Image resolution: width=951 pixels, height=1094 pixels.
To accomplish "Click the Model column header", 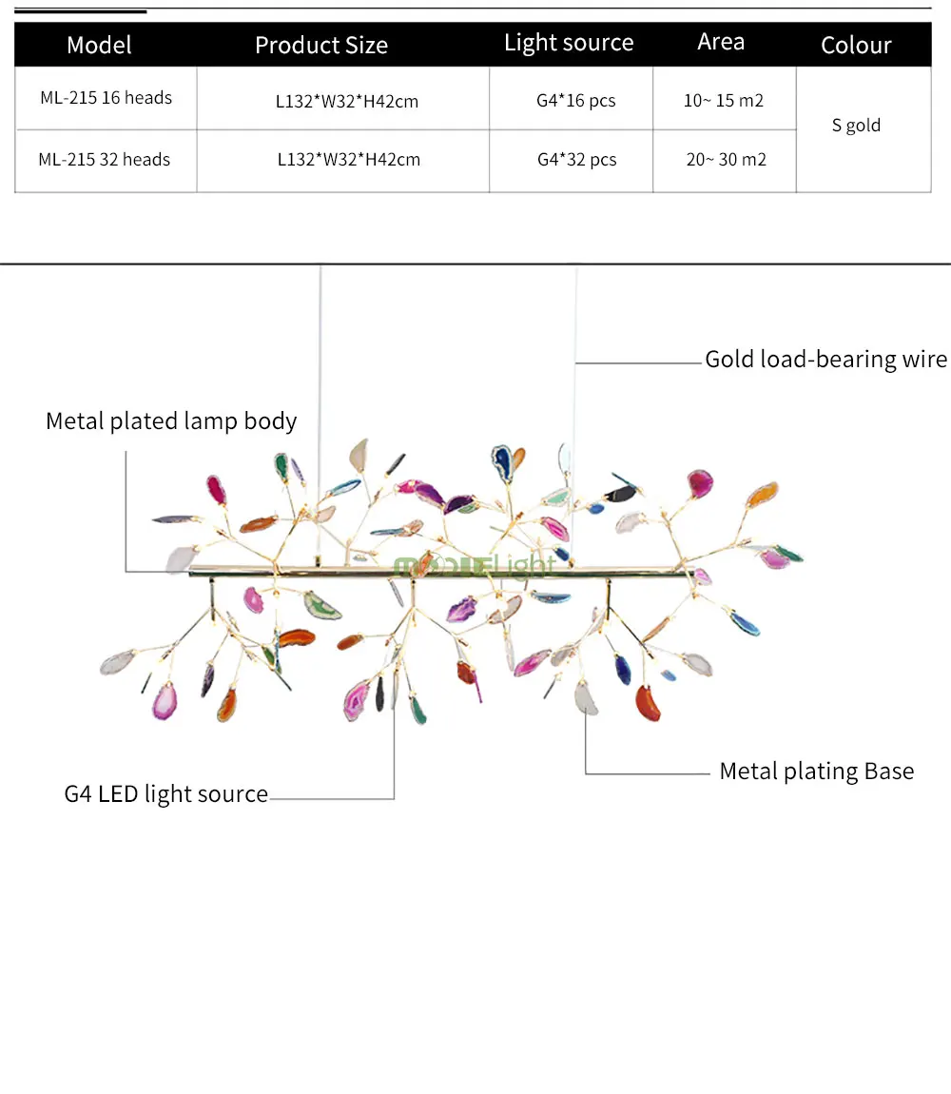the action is point(99,46).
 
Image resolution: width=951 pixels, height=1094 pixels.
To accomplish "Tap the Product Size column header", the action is point(320,46).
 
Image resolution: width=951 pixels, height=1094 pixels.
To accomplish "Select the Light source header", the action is point(569,43).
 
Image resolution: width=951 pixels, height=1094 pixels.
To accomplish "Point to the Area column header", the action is point(721,42).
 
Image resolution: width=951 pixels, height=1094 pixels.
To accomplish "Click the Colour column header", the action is point(856,46).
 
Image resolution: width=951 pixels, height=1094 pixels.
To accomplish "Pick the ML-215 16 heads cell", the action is point(107,98).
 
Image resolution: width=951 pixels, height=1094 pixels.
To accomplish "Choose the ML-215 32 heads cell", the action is point(105,160).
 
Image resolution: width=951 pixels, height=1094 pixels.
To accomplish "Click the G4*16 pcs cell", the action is point(576,101).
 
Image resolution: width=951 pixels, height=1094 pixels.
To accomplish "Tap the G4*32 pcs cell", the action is point(577,160).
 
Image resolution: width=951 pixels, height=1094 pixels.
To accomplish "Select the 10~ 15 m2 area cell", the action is point(724,101).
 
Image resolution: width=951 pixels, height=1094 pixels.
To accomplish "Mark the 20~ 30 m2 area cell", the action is point(727,160).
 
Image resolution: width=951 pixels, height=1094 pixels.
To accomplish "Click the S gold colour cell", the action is point(856,126).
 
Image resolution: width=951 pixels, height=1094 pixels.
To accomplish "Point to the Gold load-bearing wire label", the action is point(826,360).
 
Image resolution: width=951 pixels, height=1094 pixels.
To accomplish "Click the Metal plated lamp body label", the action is point(171,421).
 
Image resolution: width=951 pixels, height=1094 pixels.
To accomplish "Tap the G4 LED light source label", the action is point(166,794).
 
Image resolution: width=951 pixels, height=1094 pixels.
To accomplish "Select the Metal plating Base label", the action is point(816,771).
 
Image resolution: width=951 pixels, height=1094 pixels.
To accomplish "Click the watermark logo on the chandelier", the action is point(475,566).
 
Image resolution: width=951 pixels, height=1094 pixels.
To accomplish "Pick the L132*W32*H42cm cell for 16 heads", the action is point(347,101).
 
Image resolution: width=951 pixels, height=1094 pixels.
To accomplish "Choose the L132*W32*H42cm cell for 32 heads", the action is point(349,160).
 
